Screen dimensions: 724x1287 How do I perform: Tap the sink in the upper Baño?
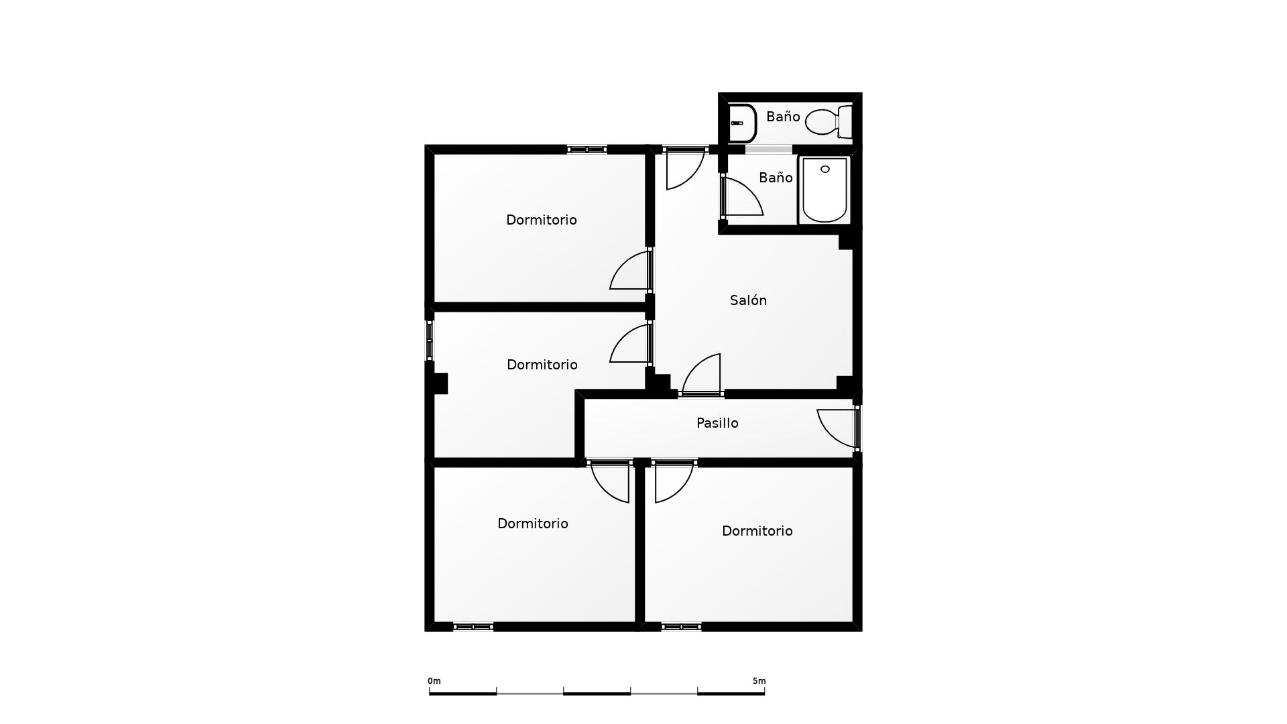[x=741, y=123]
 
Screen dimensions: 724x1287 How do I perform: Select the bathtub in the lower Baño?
[x=824, y=190]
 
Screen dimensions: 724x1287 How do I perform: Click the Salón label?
[x=748, y=300]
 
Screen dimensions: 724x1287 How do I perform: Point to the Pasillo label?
[x=717, y=423]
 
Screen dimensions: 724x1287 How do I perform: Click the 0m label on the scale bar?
[x=434, y=681]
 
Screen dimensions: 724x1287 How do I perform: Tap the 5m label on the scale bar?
[x=759, y=681]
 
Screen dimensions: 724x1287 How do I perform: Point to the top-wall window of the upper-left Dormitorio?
[x=587, y=149]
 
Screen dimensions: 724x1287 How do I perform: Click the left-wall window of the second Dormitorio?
[x=430, y=341]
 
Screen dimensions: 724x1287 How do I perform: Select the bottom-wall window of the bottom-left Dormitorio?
[x=473, y=627]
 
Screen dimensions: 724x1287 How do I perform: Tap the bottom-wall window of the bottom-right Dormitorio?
[x=681, y=627]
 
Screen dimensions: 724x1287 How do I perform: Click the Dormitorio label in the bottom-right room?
[x=757, y=531]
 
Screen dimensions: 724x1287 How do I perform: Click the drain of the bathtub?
[x=825, y=169]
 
